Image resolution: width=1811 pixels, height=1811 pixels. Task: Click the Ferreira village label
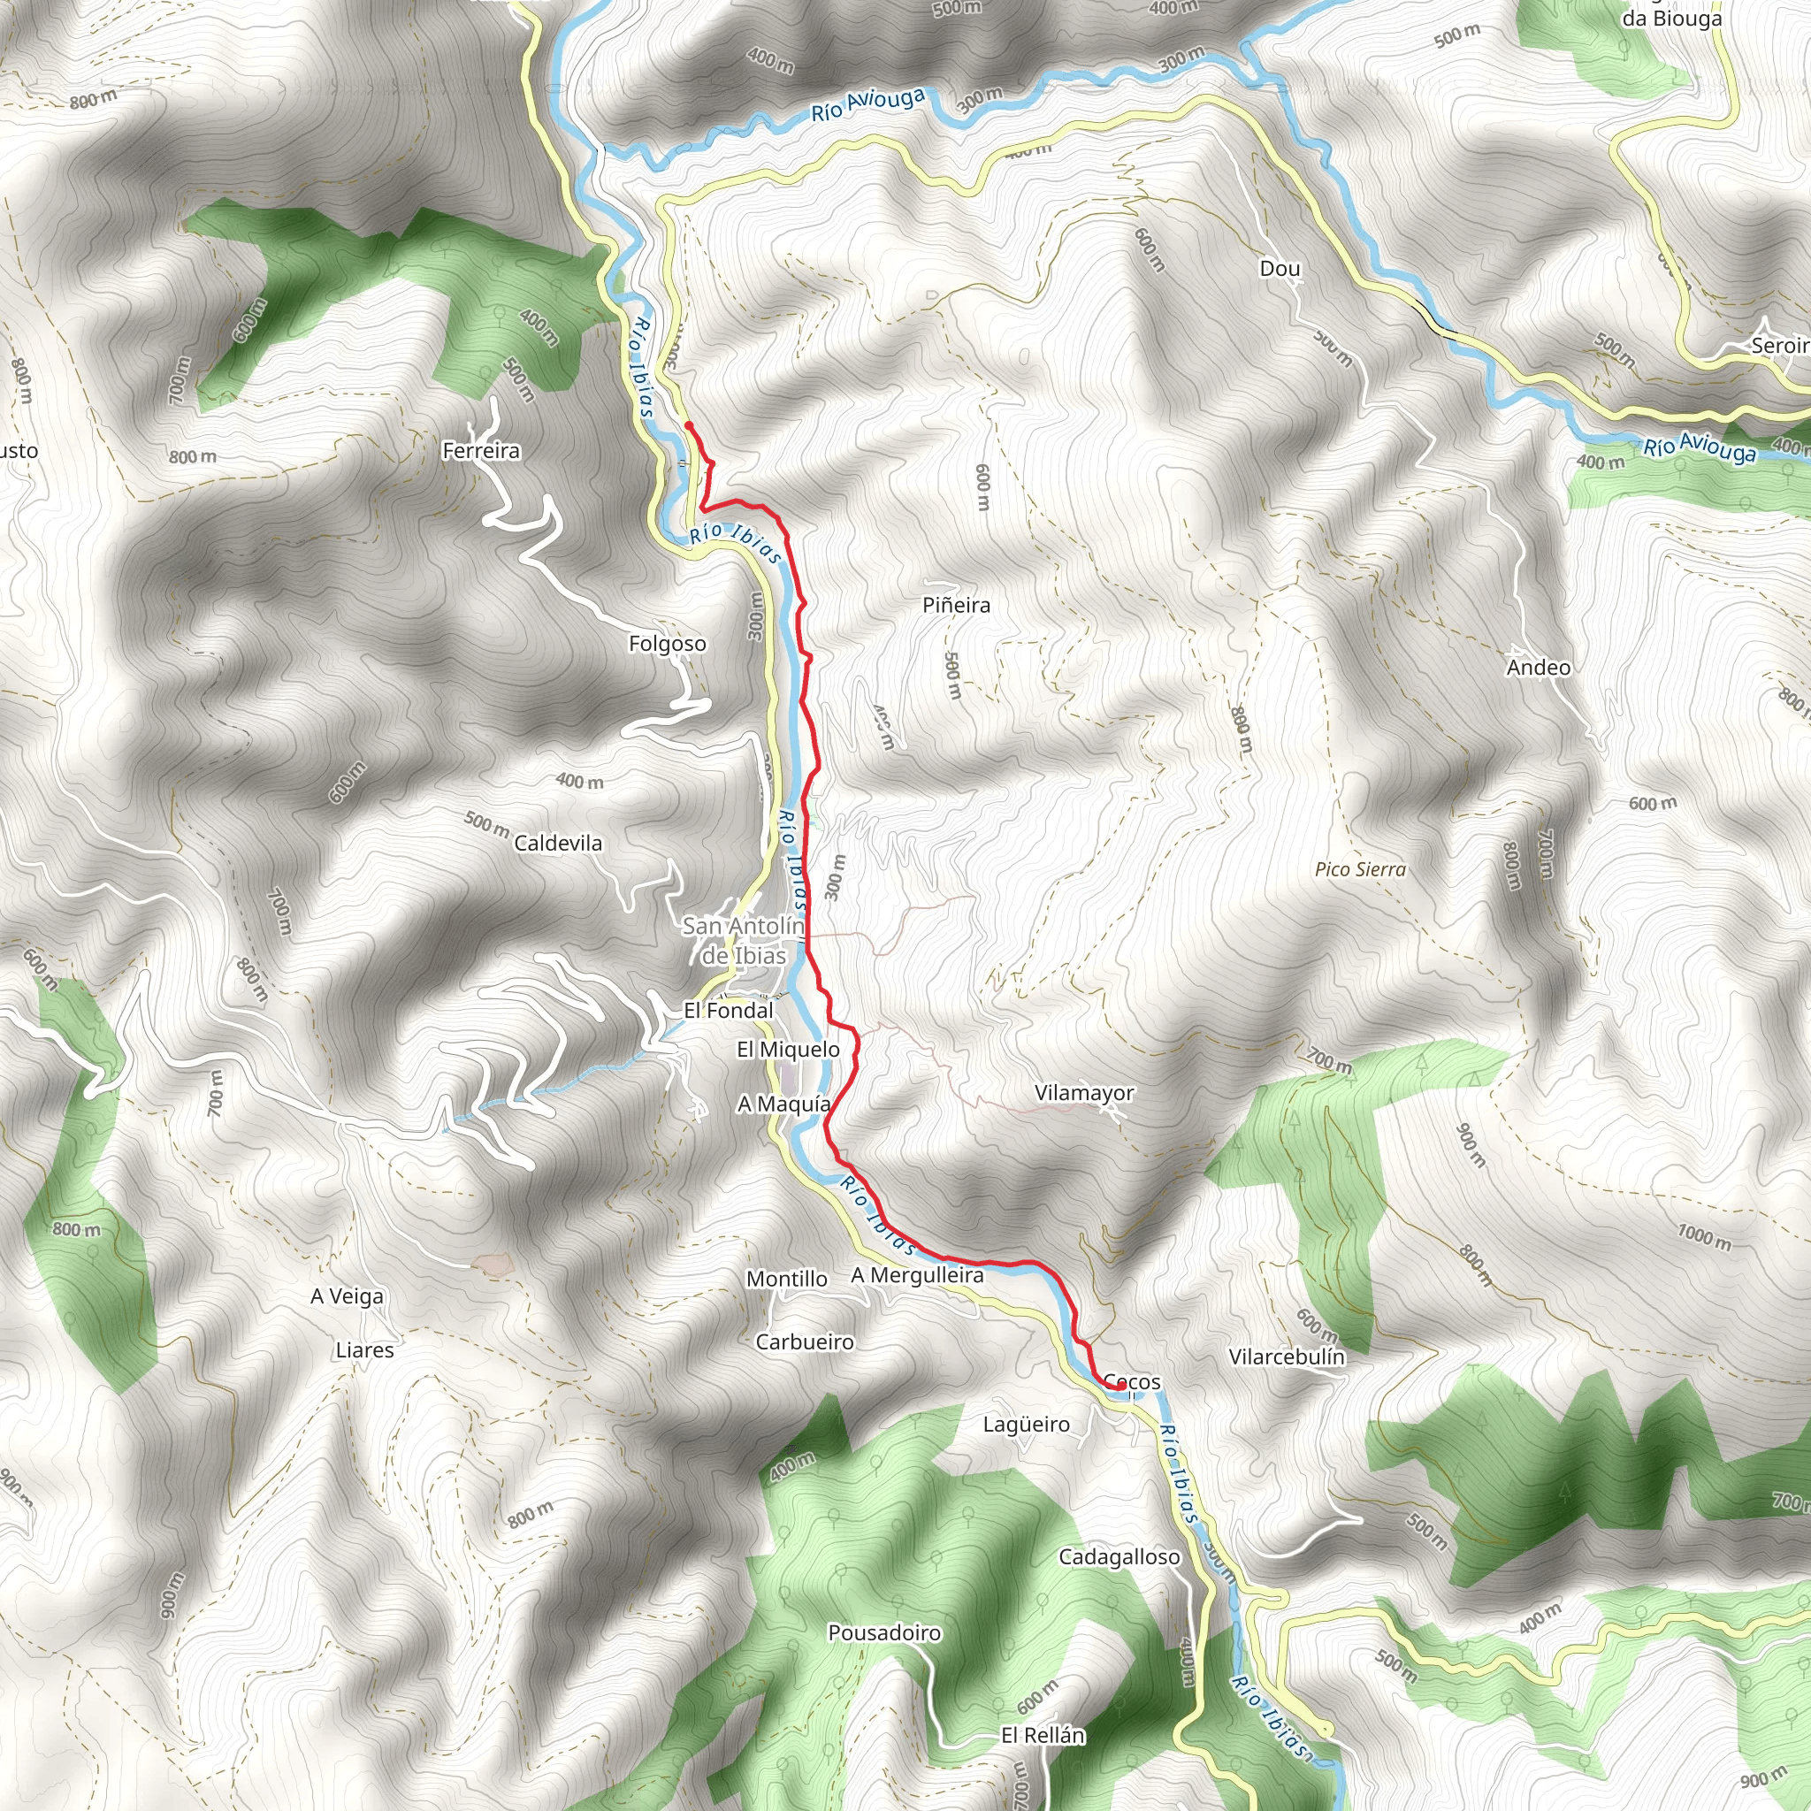(481, 451)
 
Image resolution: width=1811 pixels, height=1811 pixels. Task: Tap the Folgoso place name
(668, 644)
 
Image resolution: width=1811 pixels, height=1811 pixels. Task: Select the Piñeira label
(956, 606)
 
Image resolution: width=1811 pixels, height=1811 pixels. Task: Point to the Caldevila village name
(558, 844)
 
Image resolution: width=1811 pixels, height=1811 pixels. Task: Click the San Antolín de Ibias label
(744, 941)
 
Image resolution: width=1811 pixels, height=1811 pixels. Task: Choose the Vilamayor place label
(1084, 1093)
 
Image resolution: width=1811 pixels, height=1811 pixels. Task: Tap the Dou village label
(1280, 269)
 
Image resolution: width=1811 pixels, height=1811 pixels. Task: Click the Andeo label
(1539, 668)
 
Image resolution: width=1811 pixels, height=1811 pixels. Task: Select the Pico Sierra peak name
(1360, 870)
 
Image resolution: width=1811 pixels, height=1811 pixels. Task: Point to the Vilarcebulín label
(1286, 1357)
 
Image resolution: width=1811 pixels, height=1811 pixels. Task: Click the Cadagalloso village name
(1119, 1557)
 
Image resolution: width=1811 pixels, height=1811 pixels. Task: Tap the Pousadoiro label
(884, 1633)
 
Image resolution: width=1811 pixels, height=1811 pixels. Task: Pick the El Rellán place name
(1043, 1736)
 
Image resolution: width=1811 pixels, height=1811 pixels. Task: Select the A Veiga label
(347, 1296)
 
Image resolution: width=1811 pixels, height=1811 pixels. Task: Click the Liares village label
(364, 1351)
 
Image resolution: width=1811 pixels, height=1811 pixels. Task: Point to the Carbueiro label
(805, 1342)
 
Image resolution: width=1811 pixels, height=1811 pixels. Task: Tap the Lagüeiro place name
(1027, 1425)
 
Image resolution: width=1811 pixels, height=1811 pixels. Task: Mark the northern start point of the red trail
(689, 425)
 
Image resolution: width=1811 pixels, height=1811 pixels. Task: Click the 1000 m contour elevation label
(1704, 1237)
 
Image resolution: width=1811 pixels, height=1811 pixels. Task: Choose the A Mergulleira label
(918, 1276)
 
